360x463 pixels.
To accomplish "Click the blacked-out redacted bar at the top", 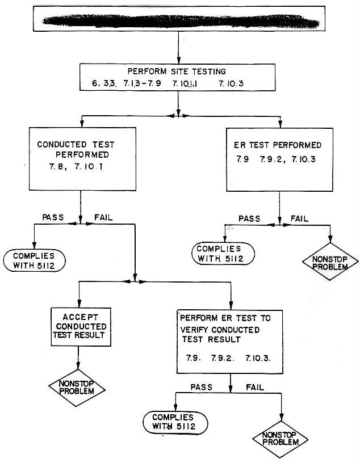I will [x=180, y=23].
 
